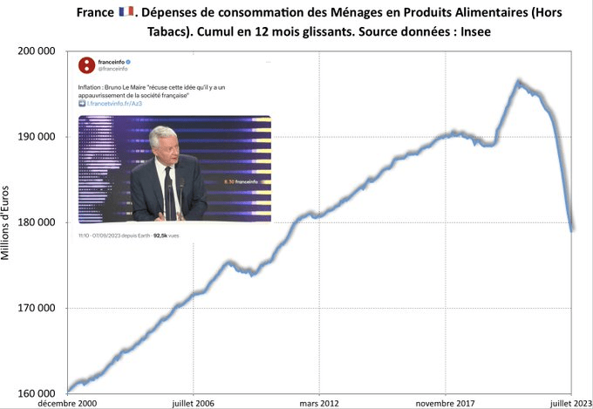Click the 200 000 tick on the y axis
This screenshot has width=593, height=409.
(37, 51)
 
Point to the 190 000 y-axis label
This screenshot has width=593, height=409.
(37, 137)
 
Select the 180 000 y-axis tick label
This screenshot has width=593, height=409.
(37, 222)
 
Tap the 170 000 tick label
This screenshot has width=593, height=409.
(37, 308)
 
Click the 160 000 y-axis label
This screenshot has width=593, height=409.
(37, 393)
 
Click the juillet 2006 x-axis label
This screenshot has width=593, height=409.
(194, 403)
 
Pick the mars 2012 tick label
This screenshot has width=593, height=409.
(320, 403)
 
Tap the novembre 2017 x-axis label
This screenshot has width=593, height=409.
(446, 403)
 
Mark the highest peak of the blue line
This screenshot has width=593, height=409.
(519, 82)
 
